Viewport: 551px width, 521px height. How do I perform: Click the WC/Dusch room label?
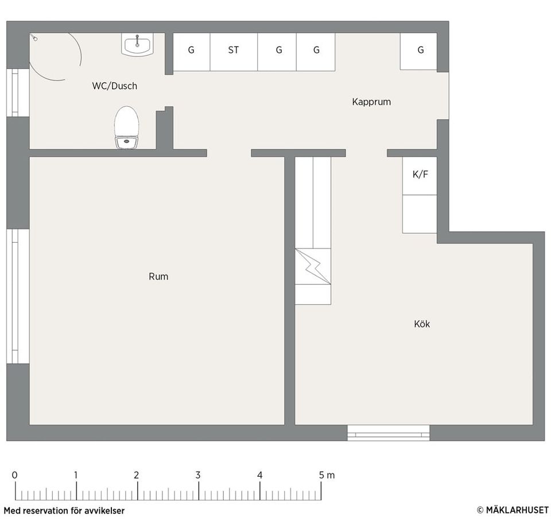coord(115,86)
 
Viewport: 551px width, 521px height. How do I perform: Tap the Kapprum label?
coord(371,102)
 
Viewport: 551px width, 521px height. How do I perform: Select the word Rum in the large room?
coord(158,277)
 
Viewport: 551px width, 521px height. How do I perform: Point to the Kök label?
coord(422,324)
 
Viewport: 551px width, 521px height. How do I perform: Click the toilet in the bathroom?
coord(126,127)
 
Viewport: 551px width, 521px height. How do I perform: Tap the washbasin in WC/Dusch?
coord(137,44)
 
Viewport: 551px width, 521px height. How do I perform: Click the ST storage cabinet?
coord(234,52)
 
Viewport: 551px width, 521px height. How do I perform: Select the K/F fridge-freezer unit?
coord(420,176)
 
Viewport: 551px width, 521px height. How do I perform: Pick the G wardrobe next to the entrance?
coord(418,51)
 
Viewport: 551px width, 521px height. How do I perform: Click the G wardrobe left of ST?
coord(192,52)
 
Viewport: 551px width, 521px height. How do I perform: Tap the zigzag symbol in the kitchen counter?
coord(313,266)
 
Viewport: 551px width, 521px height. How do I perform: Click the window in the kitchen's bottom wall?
coord(389,433)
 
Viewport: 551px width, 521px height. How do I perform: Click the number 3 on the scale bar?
coord(198,475)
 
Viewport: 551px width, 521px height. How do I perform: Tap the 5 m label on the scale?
coord(327,475)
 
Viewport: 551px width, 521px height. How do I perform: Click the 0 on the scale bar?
coord(14,475)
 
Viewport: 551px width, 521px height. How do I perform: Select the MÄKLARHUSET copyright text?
coord(513,510)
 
